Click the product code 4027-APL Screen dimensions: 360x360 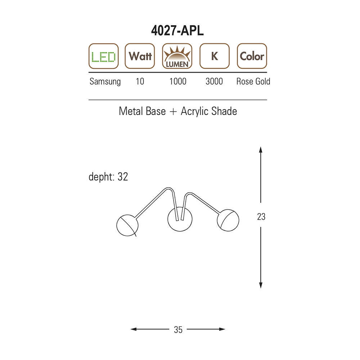coord(177,30)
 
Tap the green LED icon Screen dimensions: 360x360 coord(104,56)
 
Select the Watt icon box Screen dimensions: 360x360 coord(140,56)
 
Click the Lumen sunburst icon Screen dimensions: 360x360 coord(177,56)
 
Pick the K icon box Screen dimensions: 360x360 coord(215,56)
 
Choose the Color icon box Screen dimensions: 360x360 coord(252,56)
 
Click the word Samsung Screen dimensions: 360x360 coord(105,81)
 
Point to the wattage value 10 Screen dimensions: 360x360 coord(140,81)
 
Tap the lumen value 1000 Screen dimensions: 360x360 coord(178,81)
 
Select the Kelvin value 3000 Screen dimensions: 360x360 coord(214,81)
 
